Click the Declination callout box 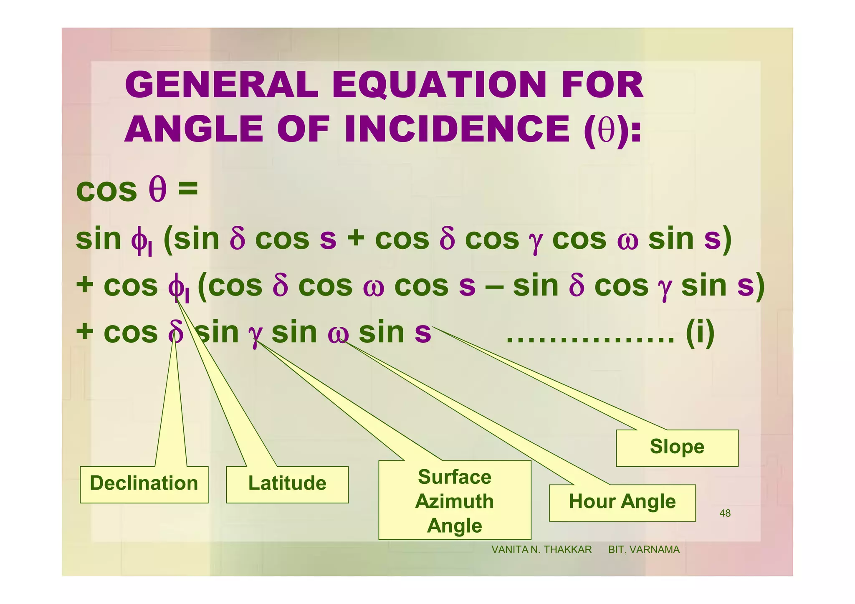click(144, 484)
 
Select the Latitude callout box click(287, 484)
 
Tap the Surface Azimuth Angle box click(455, 500)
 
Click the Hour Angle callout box click(622, 502)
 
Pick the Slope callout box click(677, 447)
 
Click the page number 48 click(725, 513)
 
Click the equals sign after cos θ click(188, 189)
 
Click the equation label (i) click(701, 333)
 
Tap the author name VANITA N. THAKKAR click(541, 550)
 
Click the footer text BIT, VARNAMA click(644, 550)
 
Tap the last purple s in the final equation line click(422, 334)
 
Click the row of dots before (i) click(590, 340)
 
